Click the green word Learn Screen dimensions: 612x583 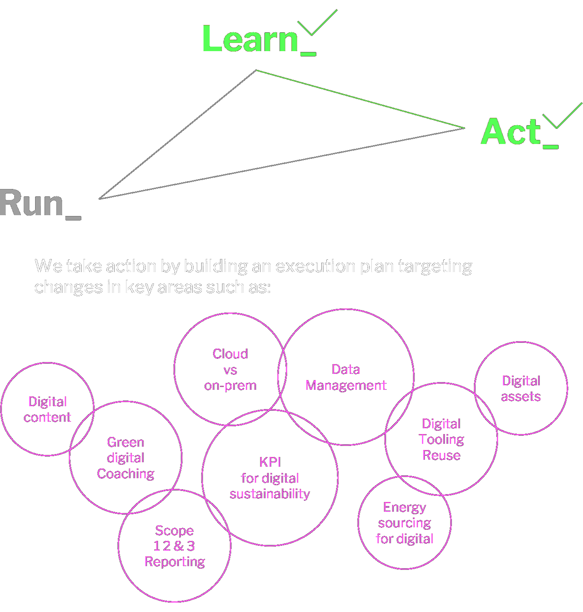tap(256, 41)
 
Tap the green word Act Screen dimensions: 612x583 tap(511, 132)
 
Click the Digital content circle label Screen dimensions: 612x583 tap(47, 410)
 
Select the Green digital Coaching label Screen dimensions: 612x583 tap(126, 459)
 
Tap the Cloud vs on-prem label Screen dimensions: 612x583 tap(230, 370)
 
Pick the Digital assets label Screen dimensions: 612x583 tap(521, 389)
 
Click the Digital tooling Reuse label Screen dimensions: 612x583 tap(442, 440)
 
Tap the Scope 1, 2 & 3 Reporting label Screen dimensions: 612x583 tap(175, 547)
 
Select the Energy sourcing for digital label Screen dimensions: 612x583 tap(404, 524)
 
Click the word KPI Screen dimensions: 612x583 tap(270, 463)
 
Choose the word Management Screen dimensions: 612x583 tap(346, 386)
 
